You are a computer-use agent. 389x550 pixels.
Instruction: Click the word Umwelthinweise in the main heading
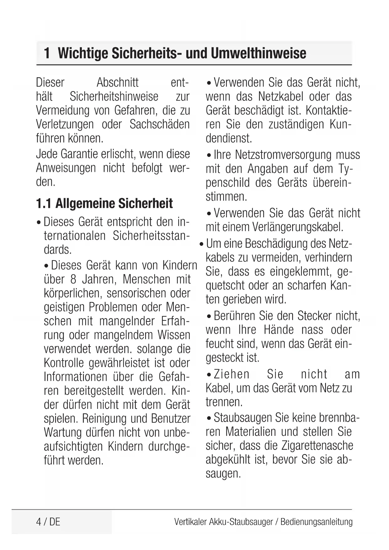pyautogui.click(x=258, y=53)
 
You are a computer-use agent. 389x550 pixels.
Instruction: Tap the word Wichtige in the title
pyautogui.click(x=83, y=53)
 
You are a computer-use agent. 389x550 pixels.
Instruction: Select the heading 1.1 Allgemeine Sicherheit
pyautogui.click(x=104, y=204)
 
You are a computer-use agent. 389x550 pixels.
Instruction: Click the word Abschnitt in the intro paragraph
pyautogui.click(x=118, y=82)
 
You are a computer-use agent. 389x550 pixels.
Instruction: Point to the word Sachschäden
pyautogui.click(x=160, y=124)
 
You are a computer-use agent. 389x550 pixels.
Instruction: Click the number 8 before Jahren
pyautogui.click(x=73, y=279)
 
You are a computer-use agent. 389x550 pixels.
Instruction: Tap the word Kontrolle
pyautogui.click(x=64, y=363)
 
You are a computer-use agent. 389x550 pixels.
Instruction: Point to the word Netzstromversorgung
pyautogui.click(x=283, y=155)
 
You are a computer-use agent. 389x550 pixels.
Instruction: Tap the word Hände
pyautogui.click(x=279, y=330)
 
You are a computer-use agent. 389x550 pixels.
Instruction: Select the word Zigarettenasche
pyautogui.click(x=317, y=446)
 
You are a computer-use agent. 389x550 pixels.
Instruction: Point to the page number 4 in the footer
pyautogui.click(x=39, y=522)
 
